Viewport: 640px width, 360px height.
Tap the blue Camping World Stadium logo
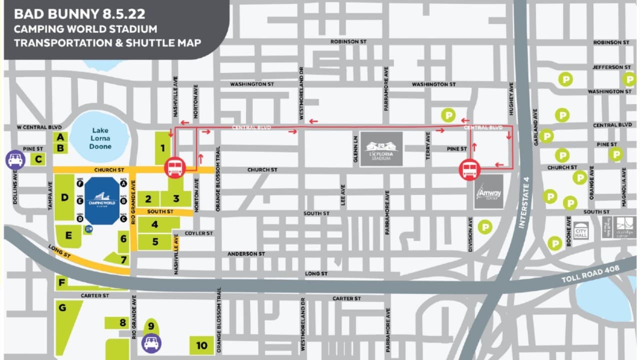coord(102,200)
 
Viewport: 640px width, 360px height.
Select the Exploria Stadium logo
coord(381,148)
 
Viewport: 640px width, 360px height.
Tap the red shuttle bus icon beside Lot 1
coord(174,167)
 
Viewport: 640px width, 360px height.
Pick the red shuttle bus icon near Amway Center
coord(469,169)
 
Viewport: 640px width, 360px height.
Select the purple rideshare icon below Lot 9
coord(151,342)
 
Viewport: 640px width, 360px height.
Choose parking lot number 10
coord(201,345)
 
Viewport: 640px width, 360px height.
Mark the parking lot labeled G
coord(62,308)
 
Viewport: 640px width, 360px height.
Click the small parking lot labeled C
coord(38,159)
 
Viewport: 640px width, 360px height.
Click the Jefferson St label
coord(611,67)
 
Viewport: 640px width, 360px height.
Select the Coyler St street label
coord(198,233)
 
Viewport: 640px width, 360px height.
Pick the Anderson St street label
coord(246,254)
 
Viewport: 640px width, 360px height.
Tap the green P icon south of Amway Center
coord(484,227)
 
